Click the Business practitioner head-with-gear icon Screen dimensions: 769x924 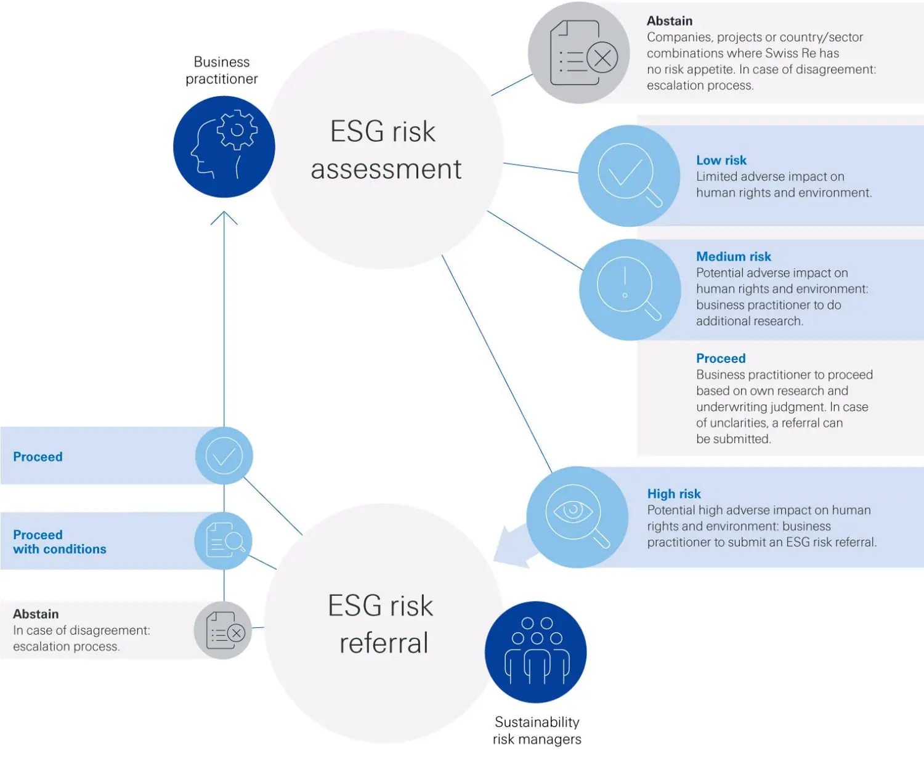[224, 147]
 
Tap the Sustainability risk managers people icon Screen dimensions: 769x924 [536, 652]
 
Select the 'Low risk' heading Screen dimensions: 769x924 [721, 160]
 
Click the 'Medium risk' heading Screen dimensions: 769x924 [733, 256]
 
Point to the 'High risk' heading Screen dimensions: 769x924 [673, 494]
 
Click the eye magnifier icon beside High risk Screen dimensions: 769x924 [577, 516]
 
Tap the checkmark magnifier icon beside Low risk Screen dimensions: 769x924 [629, 176]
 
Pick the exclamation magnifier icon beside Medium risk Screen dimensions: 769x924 [629, 290]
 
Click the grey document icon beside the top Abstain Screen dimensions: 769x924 [580, 53]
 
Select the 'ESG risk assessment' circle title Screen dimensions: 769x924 [385, 150]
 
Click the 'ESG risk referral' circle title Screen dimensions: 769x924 [382, 624]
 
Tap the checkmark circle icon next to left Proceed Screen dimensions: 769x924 [224, 455]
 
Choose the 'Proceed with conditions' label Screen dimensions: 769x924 [59, 542]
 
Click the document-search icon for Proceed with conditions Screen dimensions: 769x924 [224, 540]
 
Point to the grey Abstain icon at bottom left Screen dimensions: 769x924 [223, 630]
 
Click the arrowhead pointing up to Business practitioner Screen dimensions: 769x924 [224, 218]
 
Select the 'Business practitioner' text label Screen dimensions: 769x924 [222, 70]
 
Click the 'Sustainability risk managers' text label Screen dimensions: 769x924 [537, 730]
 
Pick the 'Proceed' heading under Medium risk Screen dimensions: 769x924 [720, 358]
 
